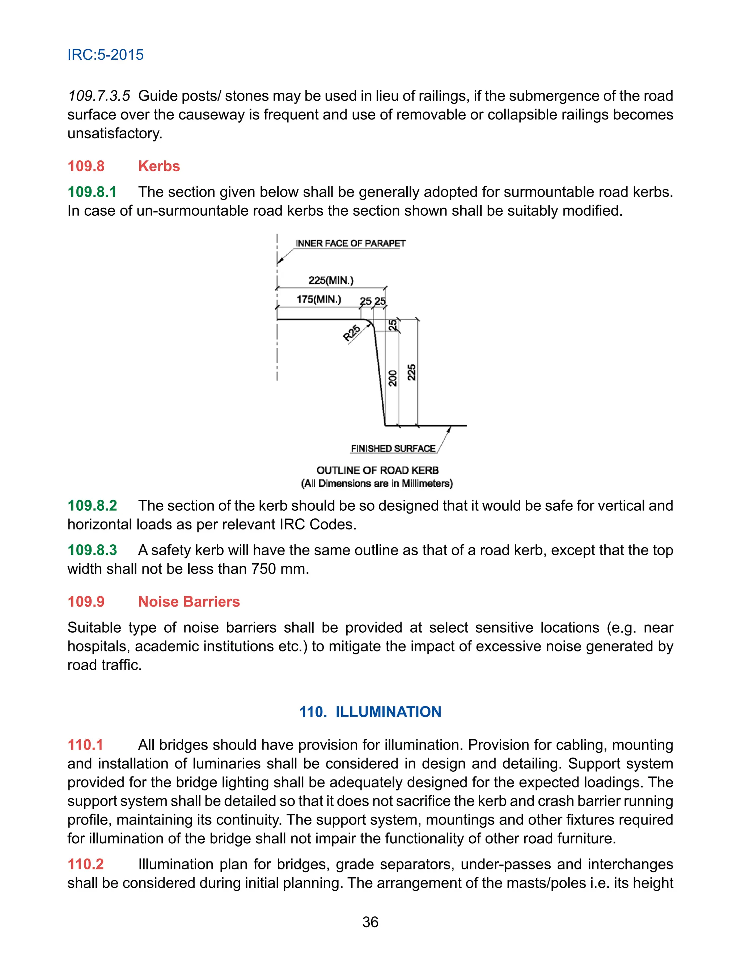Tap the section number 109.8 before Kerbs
[x=86, y=166]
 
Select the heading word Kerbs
[x=159, y=166]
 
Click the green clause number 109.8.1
[x=92, y=192]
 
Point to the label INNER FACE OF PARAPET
[x=350, y=244]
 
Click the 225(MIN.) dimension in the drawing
[x=331, y=280]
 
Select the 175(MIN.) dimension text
[x=318, y=300]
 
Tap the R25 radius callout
[x=352, y=333]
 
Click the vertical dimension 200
[x=392, y=379]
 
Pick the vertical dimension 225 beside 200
[x=411, y=373]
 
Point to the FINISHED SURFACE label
[x=393, y=448]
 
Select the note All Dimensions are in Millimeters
[x=377, y=484]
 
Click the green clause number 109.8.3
[x=92, y=550]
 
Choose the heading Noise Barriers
[x=189, y=602]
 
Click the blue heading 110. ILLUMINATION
[x=370, y=712]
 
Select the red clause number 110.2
[x=85, y=864]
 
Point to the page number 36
[x=370, y=922]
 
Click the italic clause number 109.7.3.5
[x=99, y=96]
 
